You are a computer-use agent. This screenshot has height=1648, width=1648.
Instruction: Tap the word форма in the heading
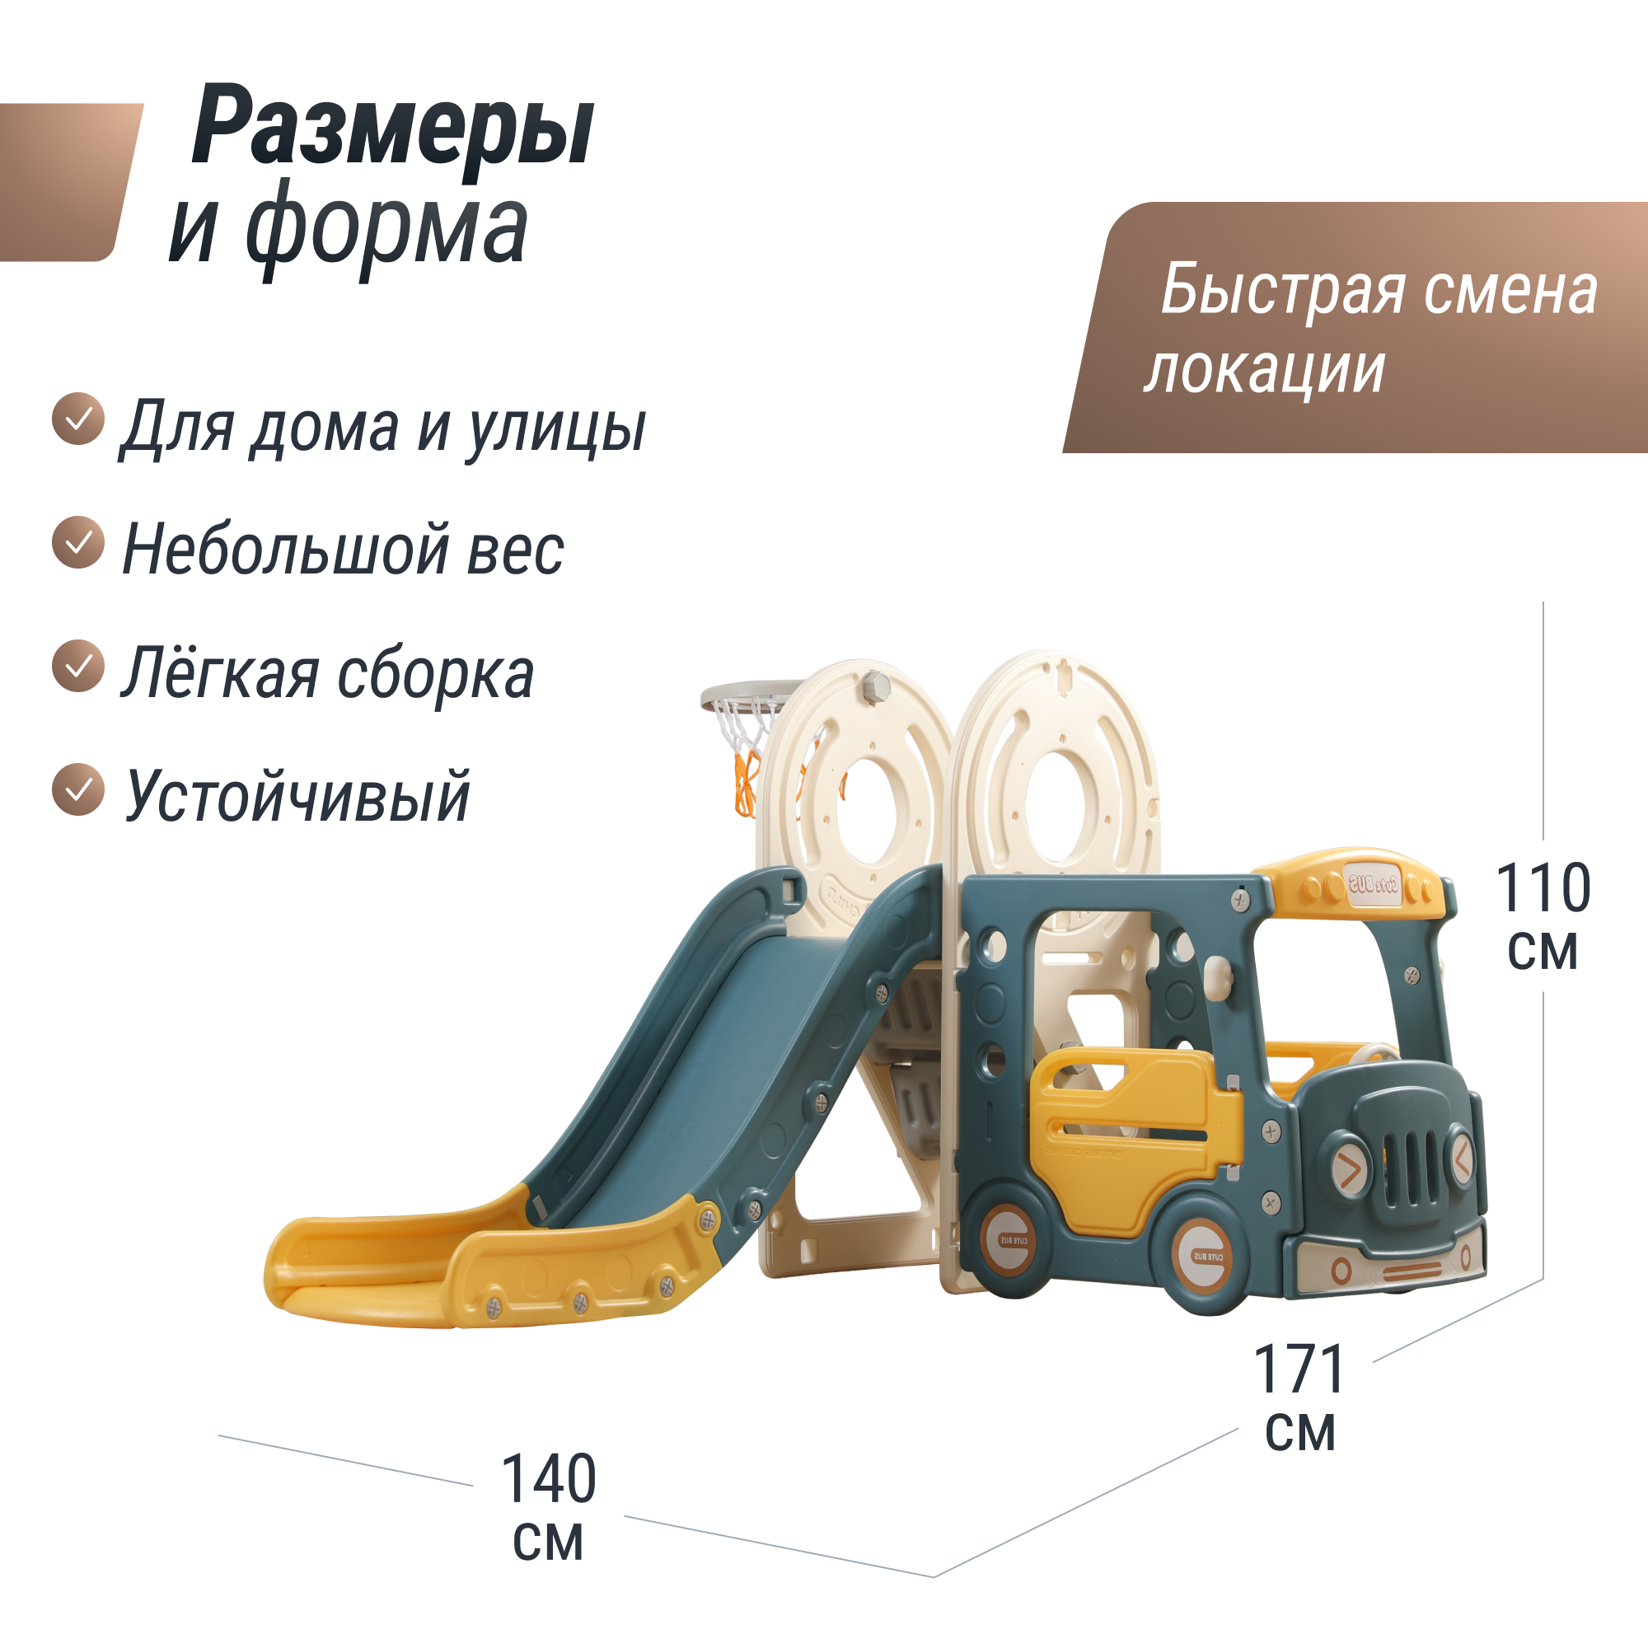coord(386,228)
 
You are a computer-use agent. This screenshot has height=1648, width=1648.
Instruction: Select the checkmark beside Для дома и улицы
coord(78,419)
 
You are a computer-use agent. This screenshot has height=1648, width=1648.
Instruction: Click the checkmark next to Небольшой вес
coord(78,542)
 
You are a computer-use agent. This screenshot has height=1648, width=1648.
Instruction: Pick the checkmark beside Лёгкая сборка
coord(78,665)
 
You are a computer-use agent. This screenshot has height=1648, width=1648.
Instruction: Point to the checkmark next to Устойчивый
coord(78,789)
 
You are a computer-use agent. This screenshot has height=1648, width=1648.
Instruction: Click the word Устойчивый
coord(297,796)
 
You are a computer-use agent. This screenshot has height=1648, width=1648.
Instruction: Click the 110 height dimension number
coord(1543,889)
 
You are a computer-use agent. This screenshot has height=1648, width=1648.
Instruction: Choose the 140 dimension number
coord(549,1480)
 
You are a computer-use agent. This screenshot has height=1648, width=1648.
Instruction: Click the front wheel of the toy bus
coord(1210,1256)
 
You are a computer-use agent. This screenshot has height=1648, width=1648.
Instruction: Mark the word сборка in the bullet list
coord(435,674)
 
